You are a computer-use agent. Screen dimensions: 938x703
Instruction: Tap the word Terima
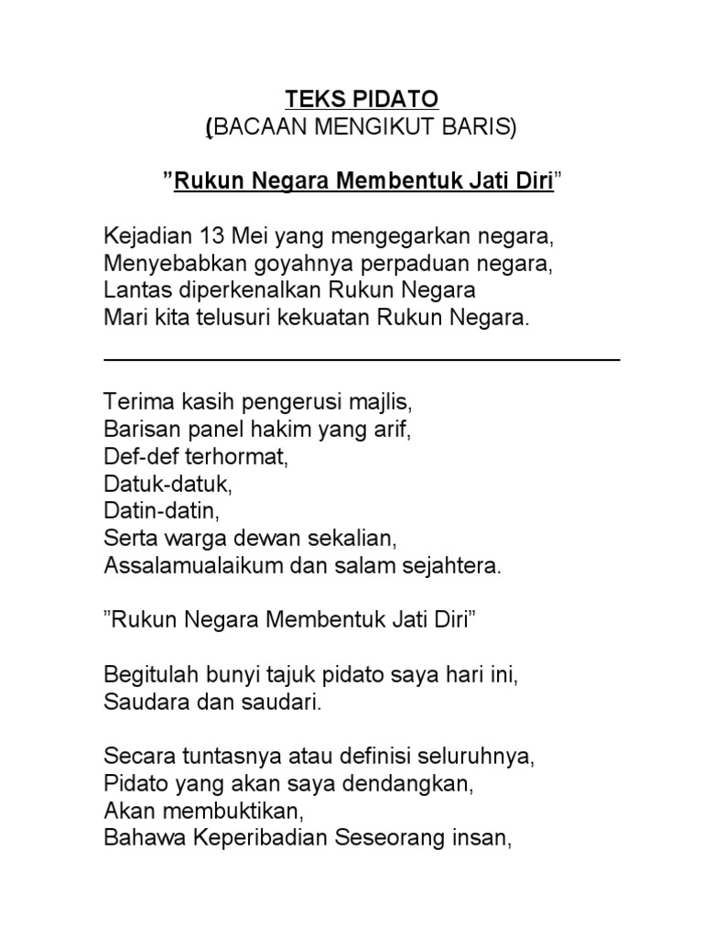[x=134, y=402]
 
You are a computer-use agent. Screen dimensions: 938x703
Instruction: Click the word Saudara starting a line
[x=141, y=703]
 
